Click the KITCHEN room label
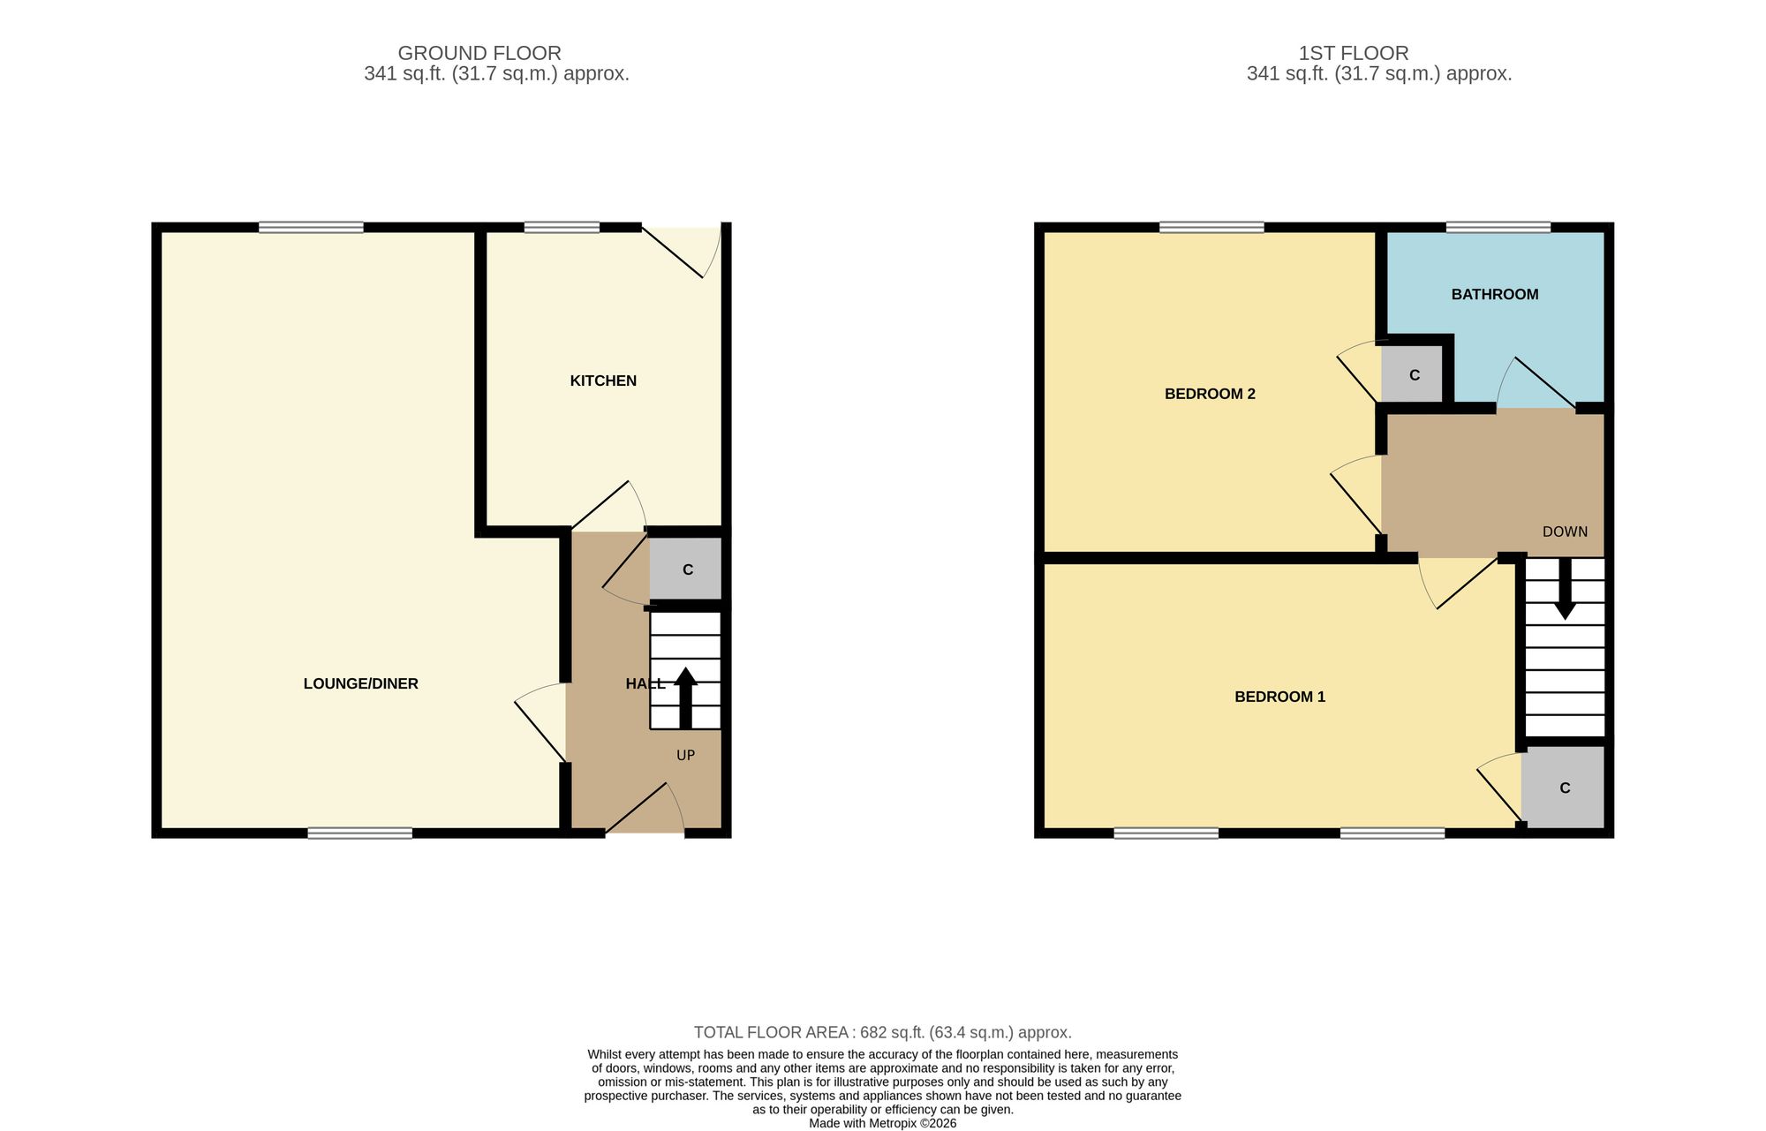[603, 381]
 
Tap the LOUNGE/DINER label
[360, 683]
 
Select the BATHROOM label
[1495, 294]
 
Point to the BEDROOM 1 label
[1279, 697]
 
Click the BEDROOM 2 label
[1210, 394]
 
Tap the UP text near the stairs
[686, 755]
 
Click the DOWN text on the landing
[1565, 532]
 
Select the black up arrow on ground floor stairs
[686, 697]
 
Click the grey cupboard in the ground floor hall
[686, 569]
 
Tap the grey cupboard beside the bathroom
[1412, 374]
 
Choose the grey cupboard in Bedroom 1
[1563, 788]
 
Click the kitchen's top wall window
[562, 227]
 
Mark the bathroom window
[1498, 227]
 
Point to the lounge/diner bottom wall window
[360, 833]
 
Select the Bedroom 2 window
[1211, 227]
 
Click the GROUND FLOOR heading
[479, 53]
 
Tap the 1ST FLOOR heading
[1354, 53]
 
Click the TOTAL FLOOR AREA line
[883, 1032]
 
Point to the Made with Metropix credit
[883, 1124]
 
